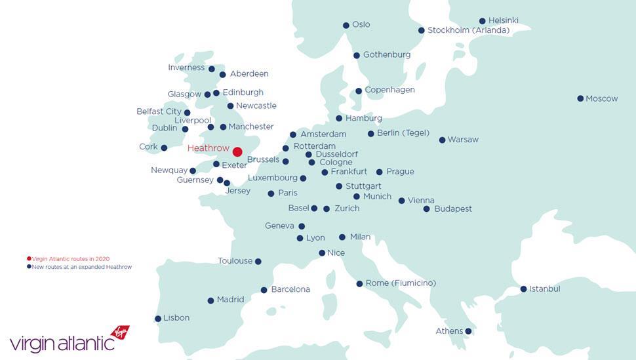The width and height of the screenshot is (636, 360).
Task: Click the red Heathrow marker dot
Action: [237, 152]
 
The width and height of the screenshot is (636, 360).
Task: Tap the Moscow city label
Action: [601, 98]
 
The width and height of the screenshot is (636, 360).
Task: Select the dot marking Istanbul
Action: [523, 289]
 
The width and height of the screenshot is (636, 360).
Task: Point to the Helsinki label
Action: [503, 21]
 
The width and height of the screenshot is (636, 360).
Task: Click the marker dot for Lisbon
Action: [158, 319]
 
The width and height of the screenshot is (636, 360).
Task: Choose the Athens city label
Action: [449, 331]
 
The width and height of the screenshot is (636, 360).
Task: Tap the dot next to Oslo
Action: [346, 26]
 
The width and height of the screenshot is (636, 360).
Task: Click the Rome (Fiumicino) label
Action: [401, 283]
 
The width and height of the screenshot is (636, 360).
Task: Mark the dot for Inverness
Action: [211, 69]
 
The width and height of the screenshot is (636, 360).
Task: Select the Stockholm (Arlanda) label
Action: [468, 30]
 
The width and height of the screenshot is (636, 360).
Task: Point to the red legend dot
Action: [29, 259]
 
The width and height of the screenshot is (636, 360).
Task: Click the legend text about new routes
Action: [81, 267]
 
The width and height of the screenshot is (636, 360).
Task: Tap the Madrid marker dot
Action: [210, 301]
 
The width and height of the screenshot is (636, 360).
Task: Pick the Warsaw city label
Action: [463, 140]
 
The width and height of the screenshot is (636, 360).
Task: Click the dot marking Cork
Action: [164, 148]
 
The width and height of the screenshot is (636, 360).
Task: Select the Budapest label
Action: [453, 209]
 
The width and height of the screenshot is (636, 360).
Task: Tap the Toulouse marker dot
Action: [258, 262]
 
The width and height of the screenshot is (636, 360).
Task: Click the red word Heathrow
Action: [208, 149]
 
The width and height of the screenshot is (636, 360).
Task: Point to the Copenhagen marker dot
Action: [359, 91]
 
